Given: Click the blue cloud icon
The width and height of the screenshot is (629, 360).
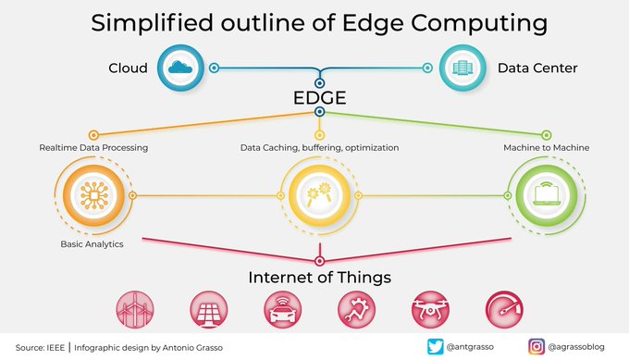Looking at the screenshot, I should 179,68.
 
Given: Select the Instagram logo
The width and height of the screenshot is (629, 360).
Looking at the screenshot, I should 536,347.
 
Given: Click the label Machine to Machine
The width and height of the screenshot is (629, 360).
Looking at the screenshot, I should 546,147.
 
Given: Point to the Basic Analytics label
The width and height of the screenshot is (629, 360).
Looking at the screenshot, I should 92,245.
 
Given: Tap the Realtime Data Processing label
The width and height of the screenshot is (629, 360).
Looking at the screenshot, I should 93,147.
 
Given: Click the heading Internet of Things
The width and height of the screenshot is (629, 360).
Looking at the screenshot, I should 318,277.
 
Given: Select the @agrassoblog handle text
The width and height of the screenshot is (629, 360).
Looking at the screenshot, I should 578,347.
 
